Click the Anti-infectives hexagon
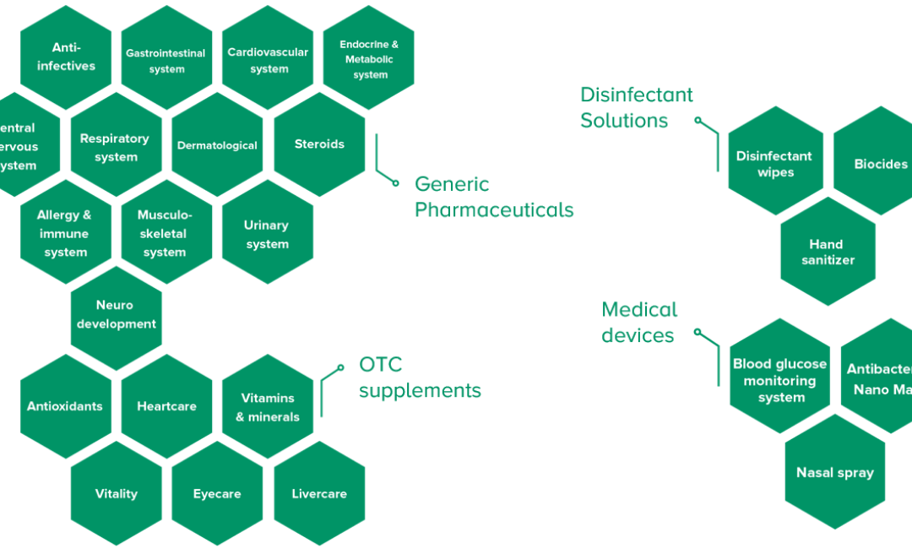tap(66, 57)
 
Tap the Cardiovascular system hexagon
tap(269, 60)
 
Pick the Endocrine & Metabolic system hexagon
tap(370, 59)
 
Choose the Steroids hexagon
tap(319, 144)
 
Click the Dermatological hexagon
tap(217, 145)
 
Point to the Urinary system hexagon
tap(267, 234)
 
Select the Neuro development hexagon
tap(116, 315)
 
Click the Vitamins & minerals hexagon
tap(268, 407)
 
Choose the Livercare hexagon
tap(319, 494)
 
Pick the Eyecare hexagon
tap(217, 494)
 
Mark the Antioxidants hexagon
tap(65, 406)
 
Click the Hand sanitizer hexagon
tap(828, 252)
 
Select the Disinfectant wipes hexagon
tap(774, 164)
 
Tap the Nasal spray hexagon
tap(834, 473)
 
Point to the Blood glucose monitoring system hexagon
tap(780, 381)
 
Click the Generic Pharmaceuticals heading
tap(494, 197)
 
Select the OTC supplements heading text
tap(420, 377)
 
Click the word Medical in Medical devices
tap(639, 310)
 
